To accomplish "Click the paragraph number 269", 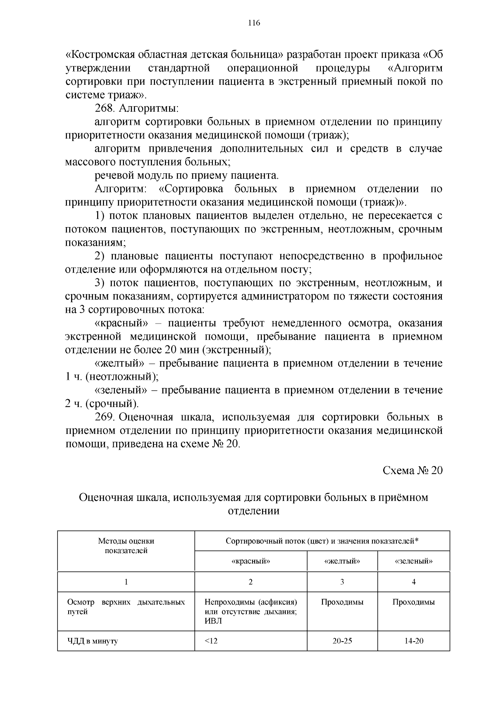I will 105,417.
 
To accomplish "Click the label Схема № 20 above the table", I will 413,471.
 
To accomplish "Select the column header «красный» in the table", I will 250,561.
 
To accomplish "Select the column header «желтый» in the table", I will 342,561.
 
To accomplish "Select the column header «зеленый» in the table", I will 413,561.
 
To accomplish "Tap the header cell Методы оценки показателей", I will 126,546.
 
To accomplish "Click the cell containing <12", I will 211,641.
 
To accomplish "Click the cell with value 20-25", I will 342,641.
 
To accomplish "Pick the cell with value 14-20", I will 413,641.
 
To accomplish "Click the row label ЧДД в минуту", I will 93,642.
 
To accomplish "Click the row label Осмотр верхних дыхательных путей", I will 126,607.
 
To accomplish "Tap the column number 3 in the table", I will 342,582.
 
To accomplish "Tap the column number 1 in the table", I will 126,582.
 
